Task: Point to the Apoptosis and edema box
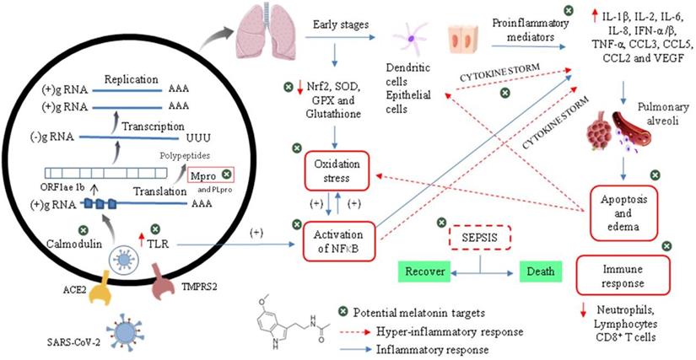pyautogui.click(x=623, y=207)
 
